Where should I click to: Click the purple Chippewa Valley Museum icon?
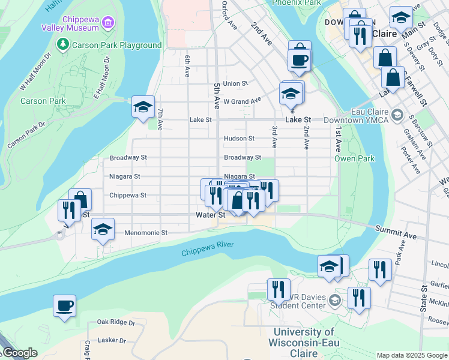[x=108, y=23]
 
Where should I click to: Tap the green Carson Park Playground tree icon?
[x=62, y=44]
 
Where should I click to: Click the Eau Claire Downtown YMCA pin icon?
[x=396, y=114]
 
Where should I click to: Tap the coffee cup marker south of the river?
[x=65, y=306]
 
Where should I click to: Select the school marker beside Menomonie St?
[x=103, y=230]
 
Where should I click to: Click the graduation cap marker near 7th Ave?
[x=143, y=107]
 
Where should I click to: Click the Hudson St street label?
[x=239, y=139]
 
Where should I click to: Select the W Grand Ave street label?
[x=243, y=101]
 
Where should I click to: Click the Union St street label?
[x=235, y=84]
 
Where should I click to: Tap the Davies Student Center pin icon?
[x=335, y=300]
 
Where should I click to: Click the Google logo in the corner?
[x=19, y=353]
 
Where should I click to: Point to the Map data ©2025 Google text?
[x=411, y=355]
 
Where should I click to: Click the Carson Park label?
[x=43, y=101]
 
